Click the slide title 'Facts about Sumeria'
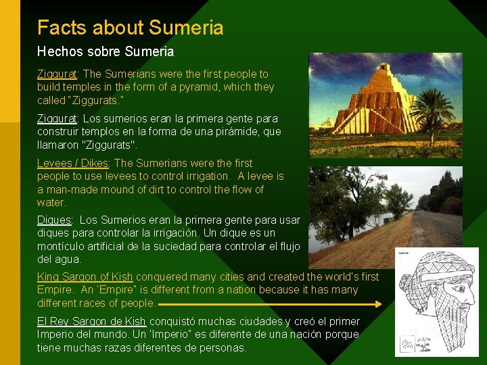pos(130,28)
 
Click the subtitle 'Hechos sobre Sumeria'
pos(105,51)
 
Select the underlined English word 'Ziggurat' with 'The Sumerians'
pos(57,74)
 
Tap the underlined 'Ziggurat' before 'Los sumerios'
pos(57,119)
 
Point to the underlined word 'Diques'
pos(54,220)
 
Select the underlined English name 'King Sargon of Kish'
pos(85,277)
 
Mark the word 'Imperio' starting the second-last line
pos(56,335)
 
